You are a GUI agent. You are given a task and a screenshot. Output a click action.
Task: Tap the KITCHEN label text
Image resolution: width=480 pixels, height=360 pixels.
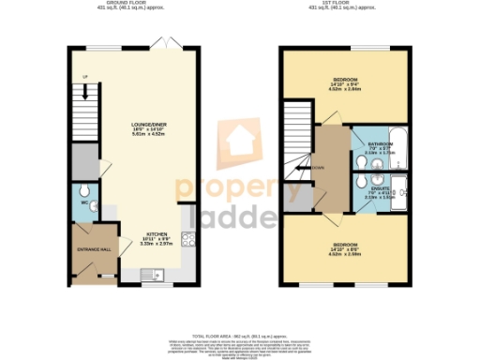point(156,234)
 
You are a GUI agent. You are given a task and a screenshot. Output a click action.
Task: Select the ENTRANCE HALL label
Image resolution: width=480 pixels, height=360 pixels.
point(94,248)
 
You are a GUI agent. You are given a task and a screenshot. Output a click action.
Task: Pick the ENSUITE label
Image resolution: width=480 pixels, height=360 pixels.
point(368,187)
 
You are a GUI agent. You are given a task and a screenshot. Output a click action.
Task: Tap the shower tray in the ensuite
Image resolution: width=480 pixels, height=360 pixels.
point(397,191)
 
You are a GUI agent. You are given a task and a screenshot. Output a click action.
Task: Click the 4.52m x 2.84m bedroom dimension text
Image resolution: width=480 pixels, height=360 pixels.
point(345,89)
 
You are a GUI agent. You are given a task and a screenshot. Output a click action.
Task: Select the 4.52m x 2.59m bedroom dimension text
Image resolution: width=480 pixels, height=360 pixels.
point(345,252)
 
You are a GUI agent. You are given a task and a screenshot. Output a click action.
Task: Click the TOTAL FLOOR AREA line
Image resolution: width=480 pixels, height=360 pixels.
point(239,335)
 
